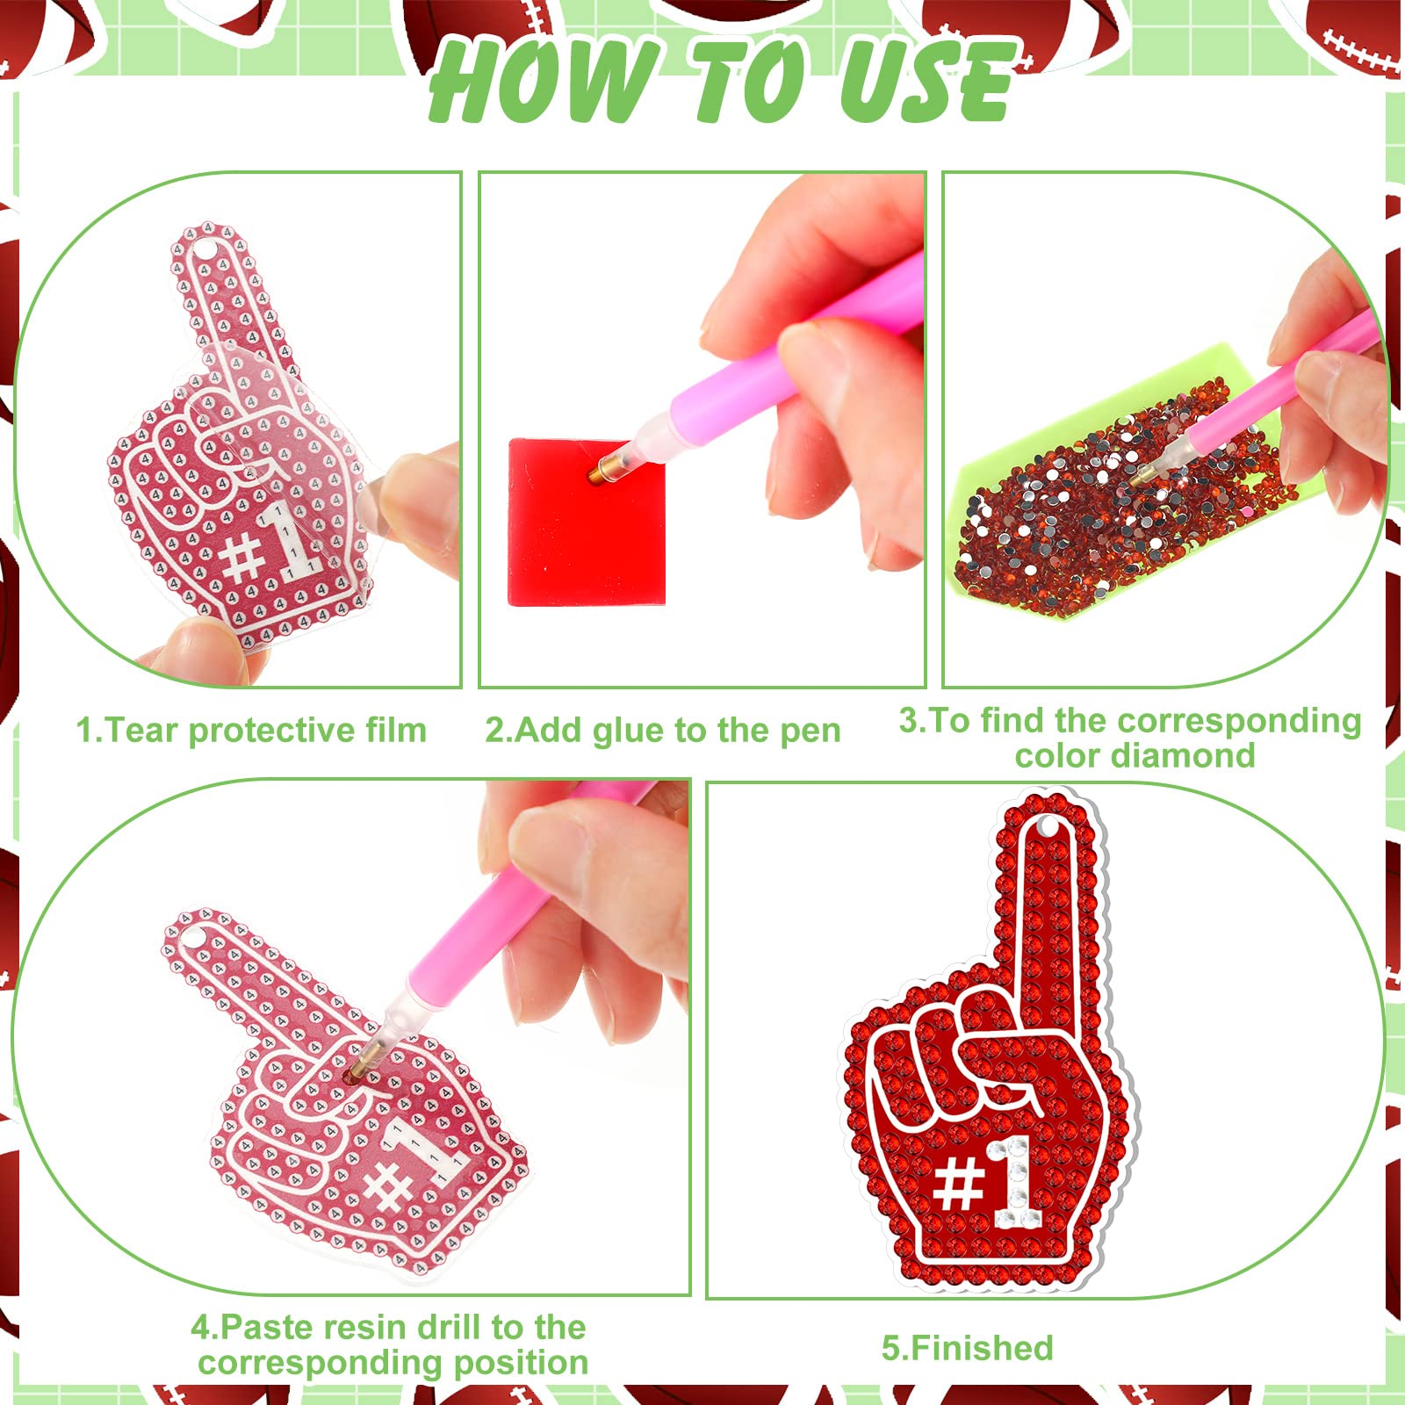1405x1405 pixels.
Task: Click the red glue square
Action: [x=587, y=522]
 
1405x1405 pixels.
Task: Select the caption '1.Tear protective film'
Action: [x=251, y=731]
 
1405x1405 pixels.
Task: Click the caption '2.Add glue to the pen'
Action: [x=663, y=731]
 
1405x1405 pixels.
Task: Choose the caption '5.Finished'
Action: [x=967, y=1347]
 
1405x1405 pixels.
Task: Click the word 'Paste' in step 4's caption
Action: [x=271, y=1327]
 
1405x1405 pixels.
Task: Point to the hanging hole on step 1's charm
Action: [x=203, y=252]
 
